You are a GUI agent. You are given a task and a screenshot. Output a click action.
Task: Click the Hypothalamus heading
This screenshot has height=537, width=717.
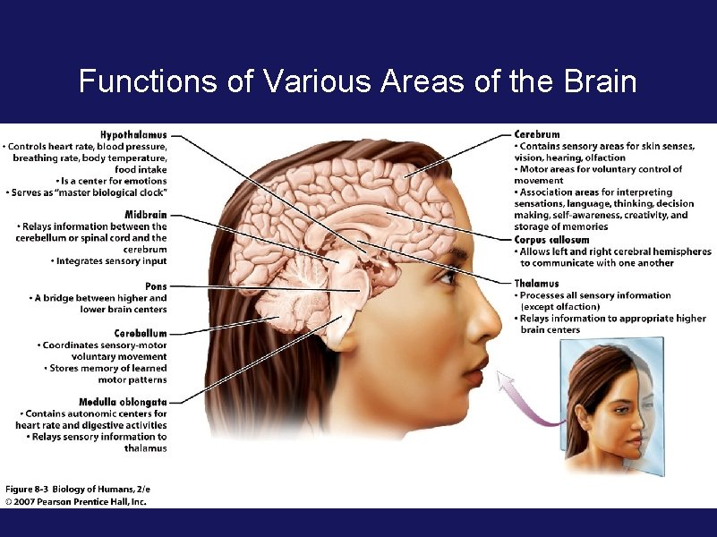(133, 135)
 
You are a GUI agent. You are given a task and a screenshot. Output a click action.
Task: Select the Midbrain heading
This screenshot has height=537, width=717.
(145, 216)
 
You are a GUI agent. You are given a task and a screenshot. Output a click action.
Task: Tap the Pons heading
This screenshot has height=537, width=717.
(155, 286)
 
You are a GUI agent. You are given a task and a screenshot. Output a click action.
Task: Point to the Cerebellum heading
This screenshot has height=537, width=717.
(141, 333)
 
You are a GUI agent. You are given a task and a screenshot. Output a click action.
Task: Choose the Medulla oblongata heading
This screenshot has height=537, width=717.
(123, 402)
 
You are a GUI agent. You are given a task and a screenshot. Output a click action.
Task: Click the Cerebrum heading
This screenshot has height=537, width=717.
(537, 134)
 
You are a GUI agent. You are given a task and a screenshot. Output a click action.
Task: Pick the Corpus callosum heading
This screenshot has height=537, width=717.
(551, 240)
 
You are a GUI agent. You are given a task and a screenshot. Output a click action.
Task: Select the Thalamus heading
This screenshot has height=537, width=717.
(536, 284)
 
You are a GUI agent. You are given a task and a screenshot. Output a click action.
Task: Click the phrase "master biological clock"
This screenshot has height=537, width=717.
(116, 192)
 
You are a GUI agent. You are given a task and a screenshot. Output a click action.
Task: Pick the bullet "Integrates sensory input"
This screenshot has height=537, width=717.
(111, 261)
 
